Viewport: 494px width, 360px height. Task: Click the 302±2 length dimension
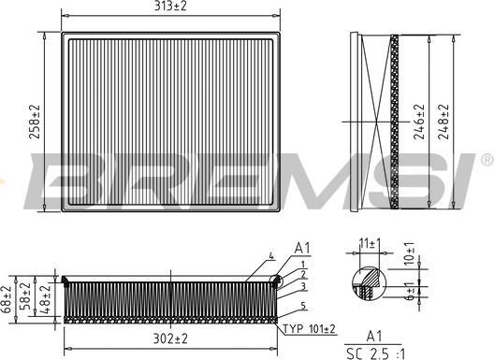coord(170,338)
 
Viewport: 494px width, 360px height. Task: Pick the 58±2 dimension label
coord(27,299)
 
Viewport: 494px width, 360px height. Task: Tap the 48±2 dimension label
coord(44,299)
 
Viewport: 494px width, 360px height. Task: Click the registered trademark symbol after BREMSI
coord(486,160)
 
